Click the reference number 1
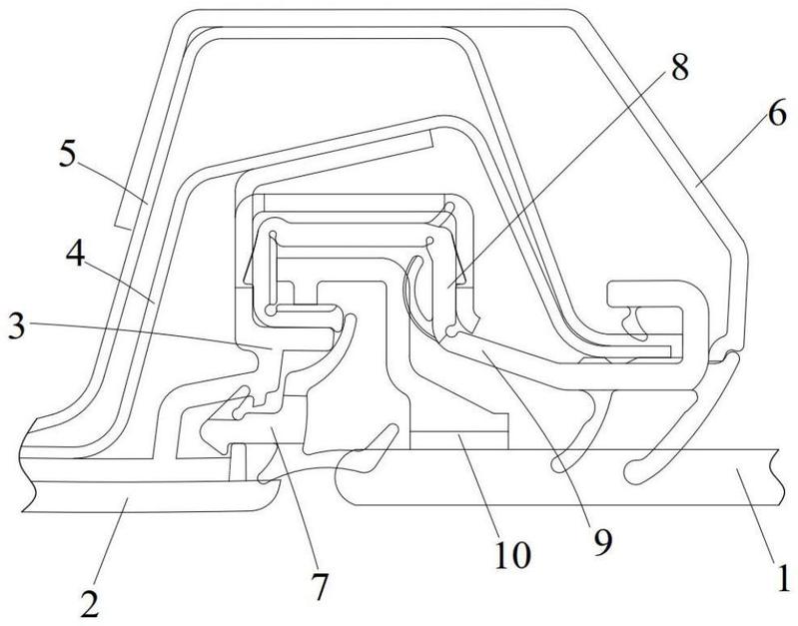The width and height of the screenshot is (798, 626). tap(784, 576)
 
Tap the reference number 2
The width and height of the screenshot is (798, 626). tap(90, 604)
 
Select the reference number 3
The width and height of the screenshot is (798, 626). tap(16, 325)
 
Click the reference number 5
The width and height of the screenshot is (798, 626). tap(68, 154)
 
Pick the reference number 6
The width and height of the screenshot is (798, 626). tap(777, 113)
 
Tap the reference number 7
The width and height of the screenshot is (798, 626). tap(320, 586)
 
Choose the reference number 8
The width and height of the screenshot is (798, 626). tap(679, 67)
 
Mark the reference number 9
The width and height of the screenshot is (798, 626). tap(602, 542)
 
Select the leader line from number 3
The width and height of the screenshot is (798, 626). tap(148, 336)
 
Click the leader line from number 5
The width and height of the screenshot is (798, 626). tap(111, 186)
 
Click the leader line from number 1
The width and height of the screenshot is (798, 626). tap(756, 515)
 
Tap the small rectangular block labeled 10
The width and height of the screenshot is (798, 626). tap(459, 440)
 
